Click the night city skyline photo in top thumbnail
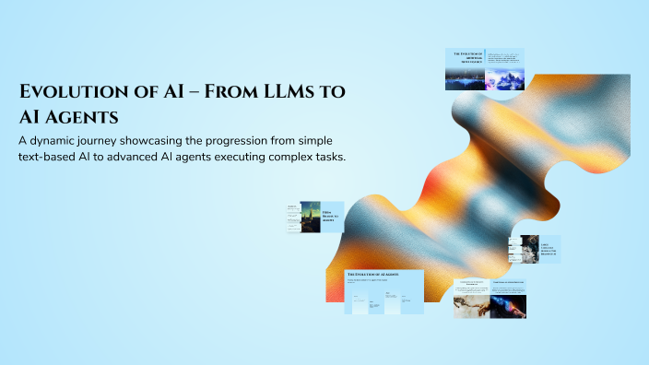point(465,79)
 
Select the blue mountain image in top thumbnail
point(504,79)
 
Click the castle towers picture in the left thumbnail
point(310,218)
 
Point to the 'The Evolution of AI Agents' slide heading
point(372,275)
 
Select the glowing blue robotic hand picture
point(508,306)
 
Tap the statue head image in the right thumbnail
point(529,249)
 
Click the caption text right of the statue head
point(549,249)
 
